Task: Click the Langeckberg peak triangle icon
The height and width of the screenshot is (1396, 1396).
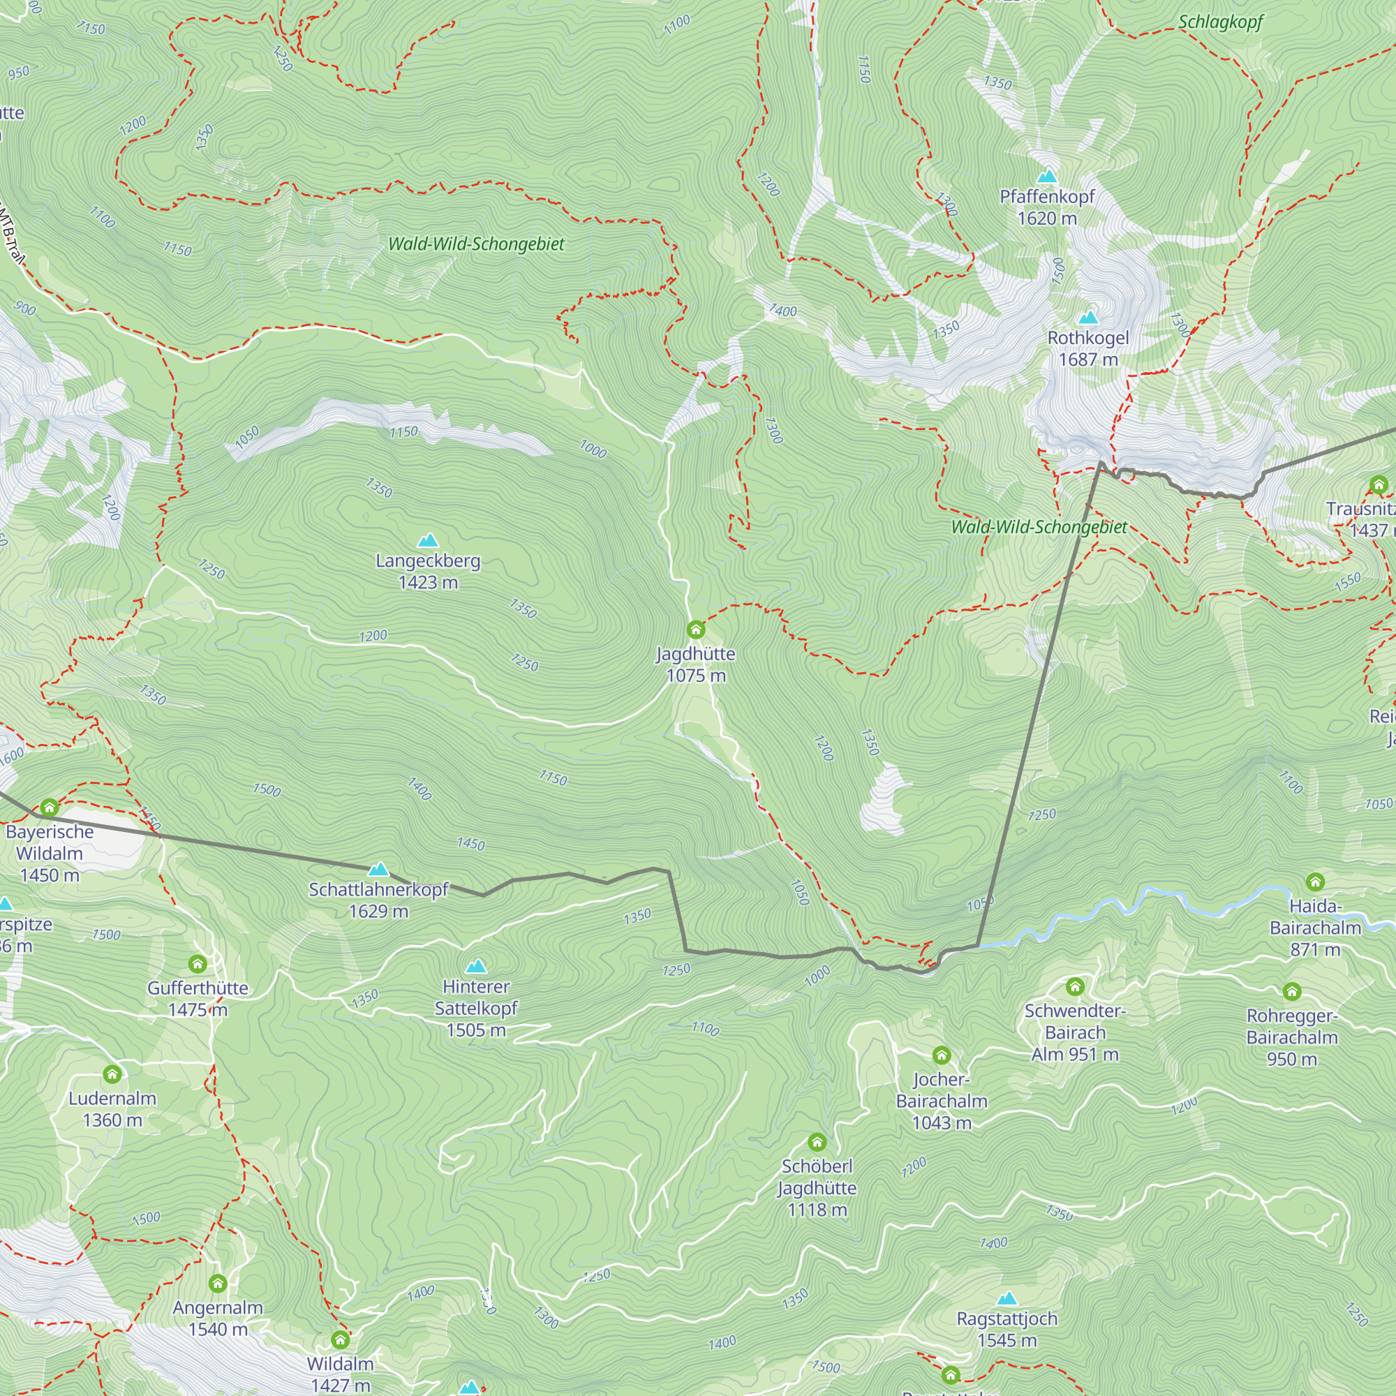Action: tap(428, 540)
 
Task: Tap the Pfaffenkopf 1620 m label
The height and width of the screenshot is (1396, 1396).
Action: tap(1046, 207)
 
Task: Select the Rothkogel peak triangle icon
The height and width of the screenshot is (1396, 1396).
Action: tap(1088, 318)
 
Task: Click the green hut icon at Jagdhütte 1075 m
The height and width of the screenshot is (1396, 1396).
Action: tap(695, 630)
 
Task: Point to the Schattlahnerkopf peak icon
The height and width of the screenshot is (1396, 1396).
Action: tap(378, 869)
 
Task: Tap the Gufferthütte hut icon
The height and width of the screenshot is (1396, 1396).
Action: tap(198, 964)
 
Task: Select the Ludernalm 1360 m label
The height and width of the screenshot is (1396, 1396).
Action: tap(112, 1109)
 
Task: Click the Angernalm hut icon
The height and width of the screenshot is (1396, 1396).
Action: tap(218, 1284)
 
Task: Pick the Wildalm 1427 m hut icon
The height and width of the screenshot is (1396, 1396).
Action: tap(340, 1340)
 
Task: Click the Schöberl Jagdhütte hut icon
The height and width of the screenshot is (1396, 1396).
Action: tap(817, 1143)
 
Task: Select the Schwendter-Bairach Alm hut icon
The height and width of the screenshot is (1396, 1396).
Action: tap(1074, 986)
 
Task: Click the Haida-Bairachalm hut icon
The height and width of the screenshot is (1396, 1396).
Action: tap(1315, 882)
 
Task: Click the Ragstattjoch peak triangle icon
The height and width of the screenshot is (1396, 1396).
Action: tap(1007, 1299)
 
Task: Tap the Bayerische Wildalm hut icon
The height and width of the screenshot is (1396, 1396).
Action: tap(49, 807)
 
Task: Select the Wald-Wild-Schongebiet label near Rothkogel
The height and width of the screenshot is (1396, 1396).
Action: tap(1039, 527)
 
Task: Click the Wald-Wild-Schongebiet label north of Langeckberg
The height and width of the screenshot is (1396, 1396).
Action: tap(476, 244)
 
